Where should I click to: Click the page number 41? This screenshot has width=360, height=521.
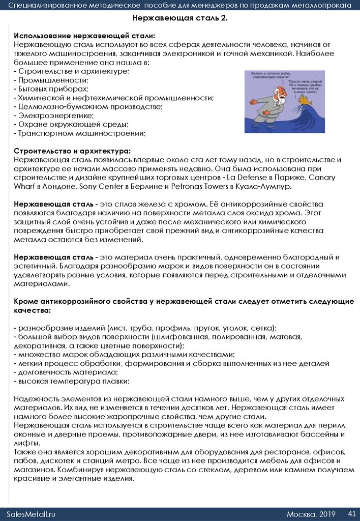click(x=351, y=513)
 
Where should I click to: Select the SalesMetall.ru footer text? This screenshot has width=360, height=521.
click(x=32, y=514)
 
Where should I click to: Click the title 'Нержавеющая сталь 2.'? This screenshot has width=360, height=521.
click(x=179, y=18)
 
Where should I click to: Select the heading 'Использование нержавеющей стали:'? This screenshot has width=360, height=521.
click(x=84, y=36)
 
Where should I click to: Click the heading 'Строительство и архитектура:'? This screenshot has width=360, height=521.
click(x=72, y=151)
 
